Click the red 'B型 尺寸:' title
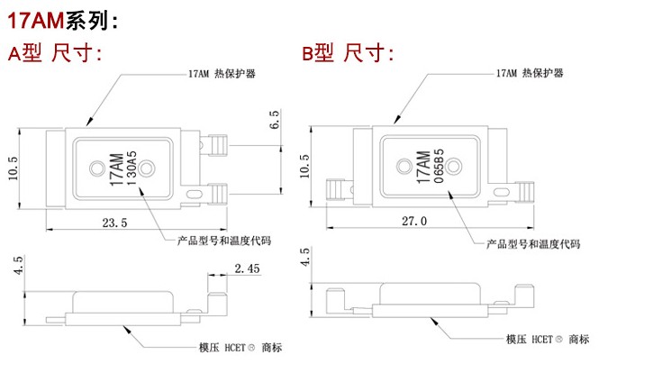(x=347, y=53)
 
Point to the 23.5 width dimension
(x=115, y=222)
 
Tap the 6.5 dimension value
(x=274, y=122)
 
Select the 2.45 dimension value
(x=246, y=268)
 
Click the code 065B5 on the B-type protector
(x=438, y=165)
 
